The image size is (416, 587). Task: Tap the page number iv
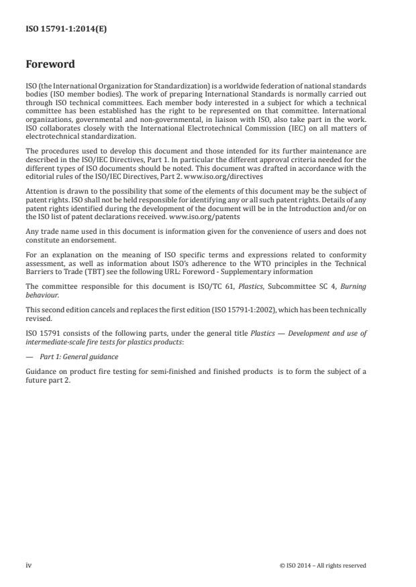[29, 565]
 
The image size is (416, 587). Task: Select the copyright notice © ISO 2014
[323, 565]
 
